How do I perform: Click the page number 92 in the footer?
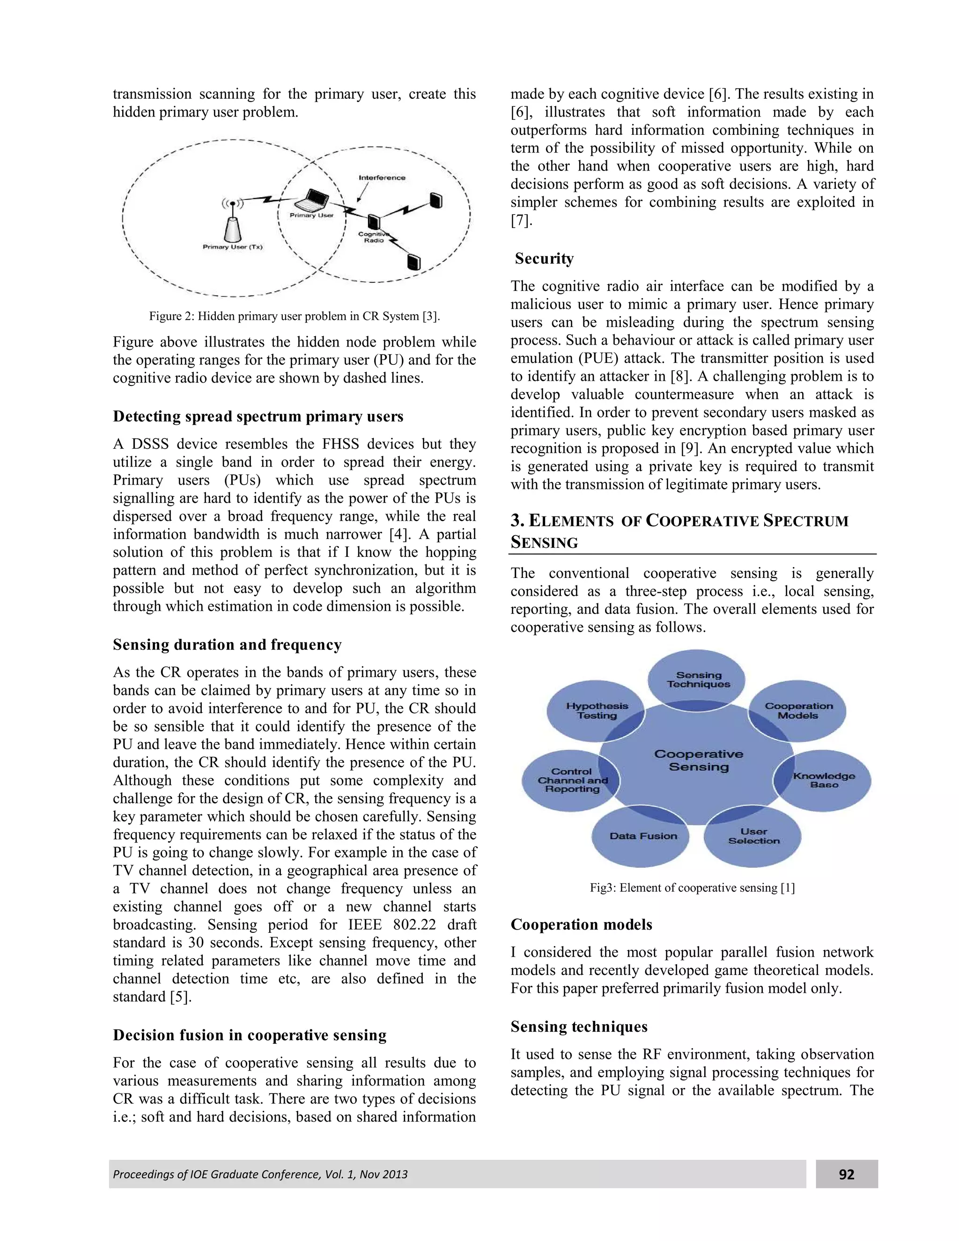click(x=846, y=1174)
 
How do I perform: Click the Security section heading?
click(x=544, y=259)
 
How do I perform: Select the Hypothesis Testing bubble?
click(x=596, y=710)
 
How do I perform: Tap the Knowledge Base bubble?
click(x=823, y=780)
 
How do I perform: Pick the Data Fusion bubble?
click(x=642, y=836)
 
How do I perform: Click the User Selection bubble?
click(x=753, y=836)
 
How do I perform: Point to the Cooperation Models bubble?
click(x=798, y=710)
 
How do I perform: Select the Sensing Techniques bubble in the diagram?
click(x=698, y=680)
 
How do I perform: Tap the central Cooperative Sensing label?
click(x=698, y=760)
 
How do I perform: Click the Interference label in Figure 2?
click(x=382, y=178)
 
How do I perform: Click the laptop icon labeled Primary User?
click(x=312, y=200)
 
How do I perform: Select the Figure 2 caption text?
click(x=294, y=316)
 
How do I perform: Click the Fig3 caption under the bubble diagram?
click(x=692, y=887)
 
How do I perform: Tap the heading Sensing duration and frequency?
click(x=227, y=644)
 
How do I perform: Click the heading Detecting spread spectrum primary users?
click(x=258, y=416)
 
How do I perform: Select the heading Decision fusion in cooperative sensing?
click(x=250, y=1035)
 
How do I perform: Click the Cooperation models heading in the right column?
click(x=581, y=924)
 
